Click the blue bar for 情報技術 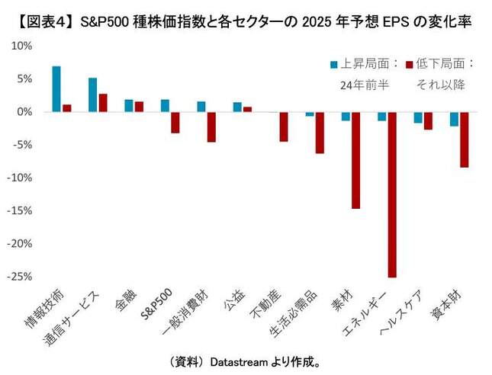[56, 89]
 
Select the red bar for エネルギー [392, 194]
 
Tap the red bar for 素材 [355, 160]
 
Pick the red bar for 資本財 [465, 139]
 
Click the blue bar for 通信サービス [92, 95]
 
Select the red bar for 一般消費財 [211, 127]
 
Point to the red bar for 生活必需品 [320, 133]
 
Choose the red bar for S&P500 [175, 123]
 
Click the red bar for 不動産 [283, 127]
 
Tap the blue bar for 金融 [129, 106]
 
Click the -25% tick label [19, 277]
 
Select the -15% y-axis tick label [19, 210]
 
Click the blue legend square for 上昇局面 [334, 64]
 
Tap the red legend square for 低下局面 [410, 64]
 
